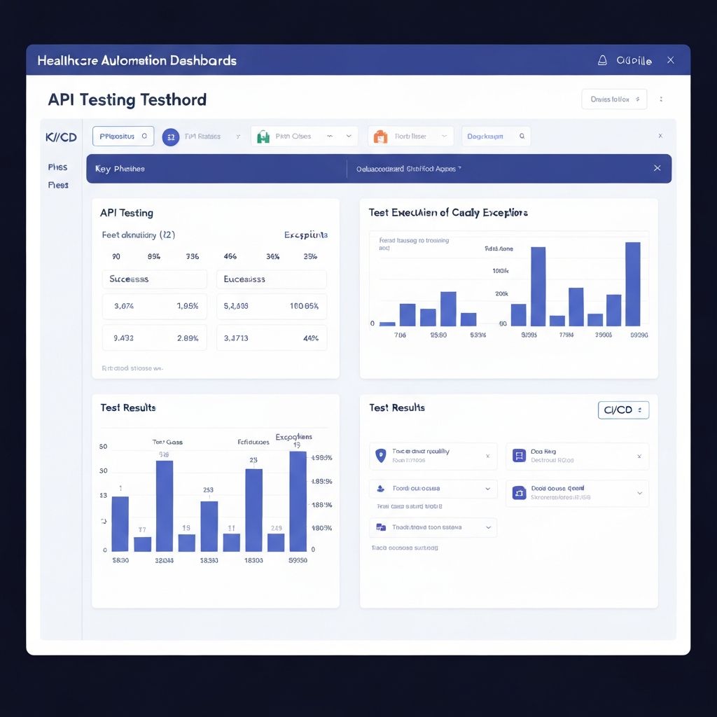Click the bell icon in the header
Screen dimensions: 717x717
[601, 61]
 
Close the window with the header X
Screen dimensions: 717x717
[670, 60]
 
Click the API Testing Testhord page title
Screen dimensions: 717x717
[127, 99]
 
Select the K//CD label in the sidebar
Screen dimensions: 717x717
[61, 137]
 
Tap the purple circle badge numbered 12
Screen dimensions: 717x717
[171, 137]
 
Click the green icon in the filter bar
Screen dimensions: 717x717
[263, 137]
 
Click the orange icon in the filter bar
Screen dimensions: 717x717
[380, 137]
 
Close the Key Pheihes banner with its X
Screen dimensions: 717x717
[657, 168]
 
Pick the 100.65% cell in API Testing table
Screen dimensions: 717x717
[304, 306]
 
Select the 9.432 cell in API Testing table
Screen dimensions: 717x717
[123, 338]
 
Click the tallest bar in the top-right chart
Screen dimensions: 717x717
[632, 284]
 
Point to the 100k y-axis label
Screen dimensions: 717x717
[500, 271]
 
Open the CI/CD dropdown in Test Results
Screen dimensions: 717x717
[623, 410]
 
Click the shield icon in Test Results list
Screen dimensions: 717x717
[381, 455]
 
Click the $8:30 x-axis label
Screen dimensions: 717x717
[120, 560]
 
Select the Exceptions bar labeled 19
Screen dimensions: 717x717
[298, 501]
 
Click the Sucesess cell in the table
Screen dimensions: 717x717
[155, 279]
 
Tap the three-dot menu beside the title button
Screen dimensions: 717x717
[661, 99]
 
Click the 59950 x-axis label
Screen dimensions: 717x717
[298, 560]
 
